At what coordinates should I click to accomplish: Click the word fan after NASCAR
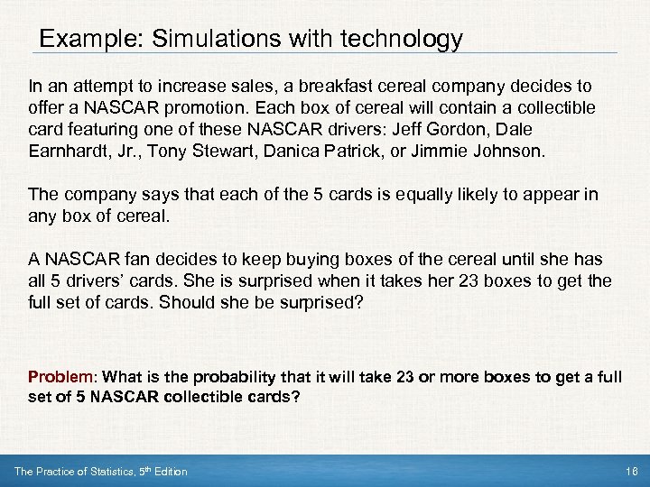(125, 260)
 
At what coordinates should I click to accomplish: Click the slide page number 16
(629, 472)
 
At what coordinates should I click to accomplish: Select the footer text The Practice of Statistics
(86, 472)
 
